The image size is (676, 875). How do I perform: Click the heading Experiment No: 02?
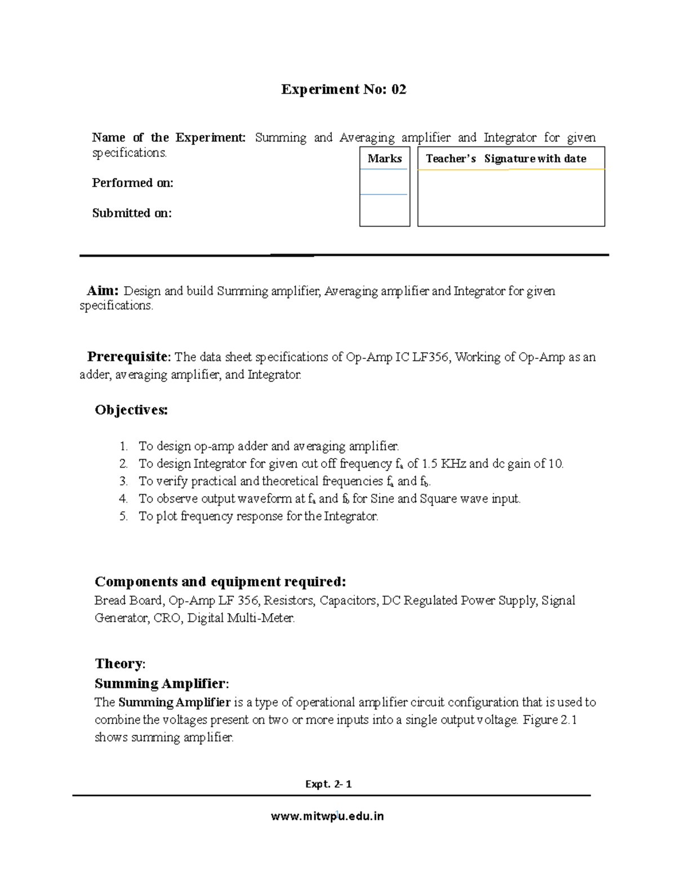(x=344, y=90)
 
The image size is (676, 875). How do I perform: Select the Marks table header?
(x=385, y=159)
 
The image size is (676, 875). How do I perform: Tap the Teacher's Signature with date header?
(x=506, y=159)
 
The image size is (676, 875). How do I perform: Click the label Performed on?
(x=132, y=183)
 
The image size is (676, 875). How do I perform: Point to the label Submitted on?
(x=132, y=213)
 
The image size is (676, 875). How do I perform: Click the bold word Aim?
(x=103, y=291)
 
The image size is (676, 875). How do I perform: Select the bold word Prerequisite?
(x=128, y=357)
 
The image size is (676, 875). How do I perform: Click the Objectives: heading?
(x=131, y=410)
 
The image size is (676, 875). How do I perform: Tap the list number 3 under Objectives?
(x=123, y=481)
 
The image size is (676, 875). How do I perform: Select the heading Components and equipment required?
(x=220, y=581)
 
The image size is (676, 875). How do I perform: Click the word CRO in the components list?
(x=167, y=618)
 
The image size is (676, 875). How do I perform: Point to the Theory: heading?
(x=120, y=664)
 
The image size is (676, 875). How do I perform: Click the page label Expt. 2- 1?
(x=328, y=784)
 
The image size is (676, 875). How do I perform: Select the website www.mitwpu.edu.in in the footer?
(x=327, y=816)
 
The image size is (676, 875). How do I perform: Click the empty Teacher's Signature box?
(x=511, y=197)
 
